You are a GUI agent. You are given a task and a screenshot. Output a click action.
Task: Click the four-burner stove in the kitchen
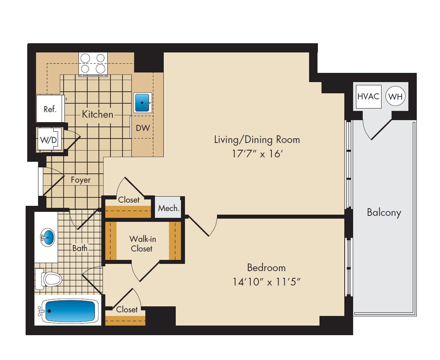click(93, 64)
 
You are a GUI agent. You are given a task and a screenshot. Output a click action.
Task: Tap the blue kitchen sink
click(143, 103)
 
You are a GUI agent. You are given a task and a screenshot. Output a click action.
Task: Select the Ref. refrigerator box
click(50, 109)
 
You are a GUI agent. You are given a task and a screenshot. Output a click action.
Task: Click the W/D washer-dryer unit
click(49, 139)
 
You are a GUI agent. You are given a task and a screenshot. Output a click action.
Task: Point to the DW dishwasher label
click(143, 128)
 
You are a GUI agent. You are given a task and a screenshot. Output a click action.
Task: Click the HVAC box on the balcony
click(368, 97)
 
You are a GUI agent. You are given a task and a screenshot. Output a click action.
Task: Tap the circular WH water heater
click(396, 96)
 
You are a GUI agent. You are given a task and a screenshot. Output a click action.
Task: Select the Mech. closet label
click(169, 208)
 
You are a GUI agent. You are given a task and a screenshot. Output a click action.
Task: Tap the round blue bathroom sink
click(47, 237)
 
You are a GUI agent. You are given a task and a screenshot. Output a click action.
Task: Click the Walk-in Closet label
click(143, 244)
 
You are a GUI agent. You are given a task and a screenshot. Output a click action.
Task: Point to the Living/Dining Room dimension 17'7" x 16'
click(257, 154)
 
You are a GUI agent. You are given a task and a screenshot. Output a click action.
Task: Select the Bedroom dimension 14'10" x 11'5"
click(266, 282)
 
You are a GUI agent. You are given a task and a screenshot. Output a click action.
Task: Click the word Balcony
click(384, 213)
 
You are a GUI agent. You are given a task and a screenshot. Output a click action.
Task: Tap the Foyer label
click(81, 180)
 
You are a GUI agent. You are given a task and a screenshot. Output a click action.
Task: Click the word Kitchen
click(98, 114)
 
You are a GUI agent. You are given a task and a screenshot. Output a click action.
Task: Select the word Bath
click(80, 248)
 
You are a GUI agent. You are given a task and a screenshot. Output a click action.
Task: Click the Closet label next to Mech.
click(129, 200)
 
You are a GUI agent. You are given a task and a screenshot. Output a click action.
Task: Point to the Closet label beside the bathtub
click(127, 310)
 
